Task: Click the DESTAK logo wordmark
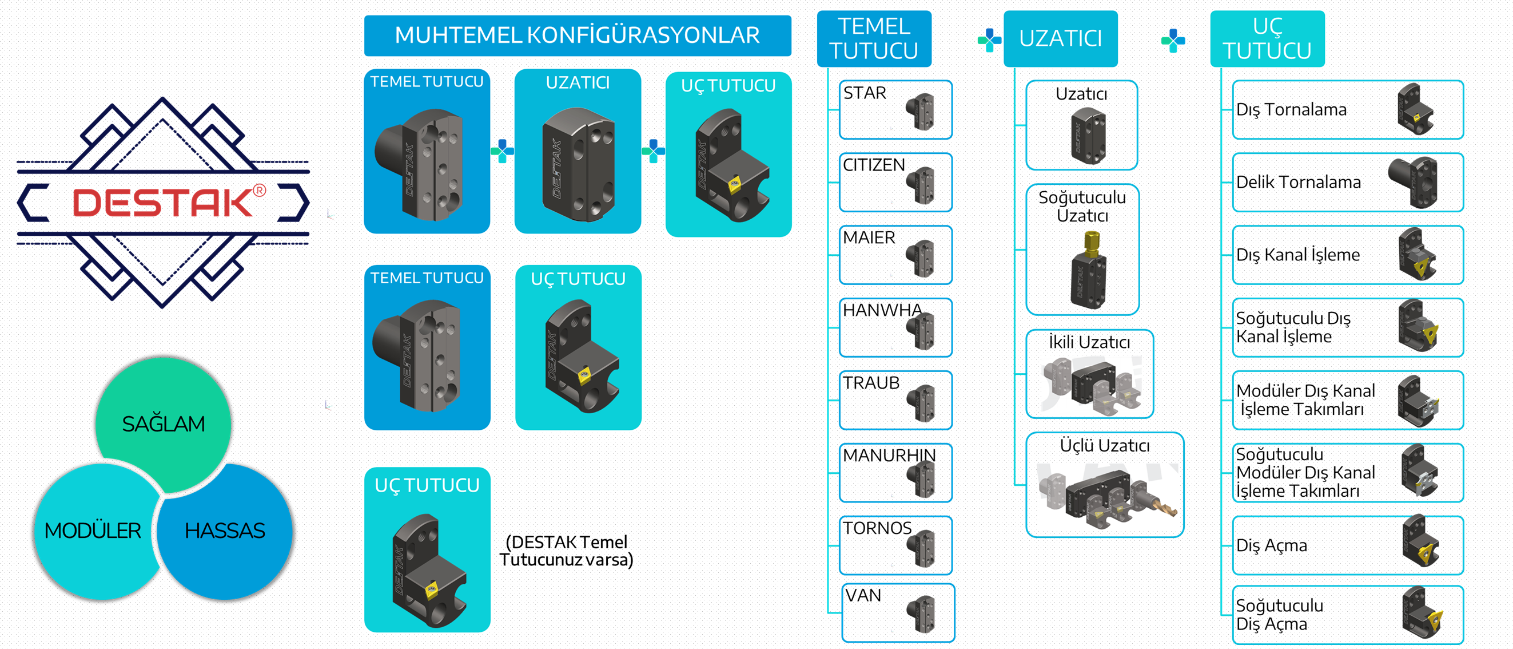pyautogui.click(x=163, y=202)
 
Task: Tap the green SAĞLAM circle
pyautogui.click(x=164, y=424)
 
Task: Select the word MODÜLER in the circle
pyautogui.click(x=93, y=531)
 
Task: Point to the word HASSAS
pyautogui.click(x=225, y=531)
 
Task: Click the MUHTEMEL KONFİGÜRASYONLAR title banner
pyautogui.click(x=578, y=35)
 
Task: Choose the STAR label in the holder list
pyautogui.click(x=865, y=93)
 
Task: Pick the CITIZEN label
pyautogui.click(x=874, y=165)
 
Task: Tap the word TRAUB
pyautogui.click(x=871, y=383)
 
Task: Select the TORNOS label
pyautogui.click(x=877, y=528)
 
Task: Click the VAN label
pyautogui.click(x=863, y=596)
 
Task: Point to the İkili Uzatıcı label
pyautogui.click(x=1089, y=342)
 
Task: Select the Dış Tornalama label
pyautogui.click(x=1291, y=110)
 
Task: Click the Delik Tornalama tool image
pyautogui.click(x=1412, y=182)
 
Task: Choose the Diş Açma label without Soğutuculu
pyautogui.click(x=1272, y=545)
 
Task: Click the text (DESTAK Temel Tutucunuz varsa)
pyautogui.click(x=566, y=551)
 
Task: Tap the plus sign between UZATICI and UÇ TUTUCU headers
pyautogui.click(x=1173, y=41)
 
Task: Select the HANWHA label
pyautogui.click(x=882, y=310)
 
